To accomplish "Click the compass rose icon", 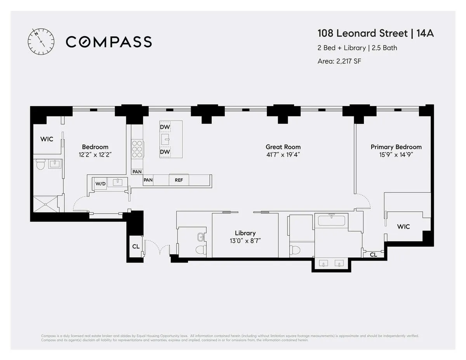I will (40, 42).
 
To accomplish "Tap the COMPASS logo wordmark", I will (109, 42).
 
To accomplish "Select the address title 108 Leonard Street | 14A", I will (376, 33).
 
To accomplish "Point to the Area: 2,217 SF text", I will (339, 61).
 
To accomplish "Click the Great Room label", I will (283, 147).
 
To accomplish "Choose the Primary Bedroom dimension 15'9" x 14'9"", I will (396, 155).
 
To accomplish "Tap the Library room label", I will (245, 233).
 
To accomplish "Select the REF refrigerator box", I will (179, 180).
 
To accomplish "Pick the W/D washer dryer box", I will (100, 183).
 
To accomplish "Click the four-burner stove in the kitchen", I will (137, 149).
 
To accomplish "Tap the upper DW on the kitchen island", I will (165, 127).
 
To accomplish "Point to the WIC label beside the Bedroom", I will (47, 139).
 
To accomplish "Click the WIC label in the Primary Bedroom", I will (403, 226).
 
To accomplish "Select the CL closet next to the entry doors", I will (135, 246).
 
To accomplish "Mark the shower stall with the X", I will (46, 203).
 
